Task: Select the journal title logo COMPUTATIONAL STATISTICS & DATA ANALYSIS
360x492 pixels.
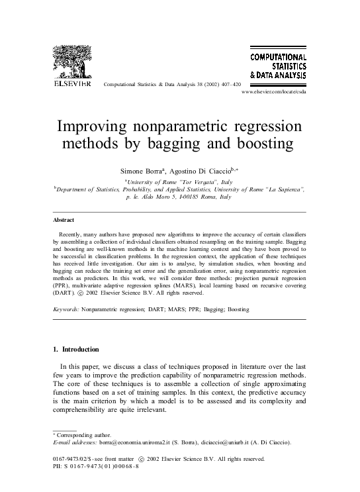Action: tap(277, 67)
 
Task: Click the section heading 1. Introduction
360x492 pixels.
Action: tap(75, 349)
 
